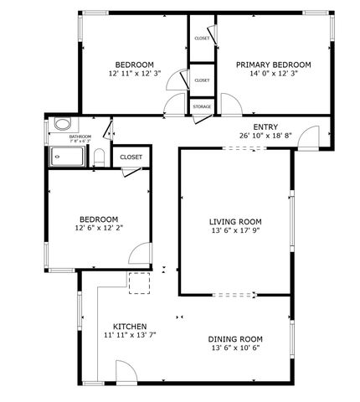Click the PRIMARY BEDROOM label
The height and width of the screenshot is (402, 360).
coord(273,64)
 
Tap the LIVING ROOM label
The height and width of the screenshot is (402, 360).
coord(235,222)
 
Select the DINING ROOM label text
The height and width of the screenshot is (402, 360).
coord(236,338)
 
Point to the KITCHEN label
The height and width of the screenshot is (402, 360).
coord(130,326)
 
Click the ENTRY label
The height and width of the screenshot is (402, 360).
coord(265,126)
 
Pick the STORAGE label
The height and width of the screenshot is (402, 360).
coord(201,107)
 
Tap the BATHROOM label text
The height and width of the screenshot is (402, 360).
coord(80,136)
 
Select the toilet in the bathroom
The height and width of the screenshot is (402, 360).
coord(99,156)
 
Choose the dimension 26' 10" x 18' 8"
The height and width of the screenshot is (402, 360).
coord(265,136)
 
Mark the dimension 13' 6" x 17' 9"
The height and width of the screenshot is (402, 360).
coord(235,232)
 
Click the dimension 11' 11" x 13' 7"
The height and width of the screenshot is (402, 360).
coord(130,335)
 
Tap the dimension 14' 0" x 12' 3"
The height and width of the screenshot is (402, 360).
coord(273,75)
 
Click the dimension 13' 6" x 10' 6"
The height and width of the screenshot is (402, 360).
coord(236,348)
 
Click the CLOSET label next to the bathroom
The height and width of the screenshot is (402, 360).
coord(131,157)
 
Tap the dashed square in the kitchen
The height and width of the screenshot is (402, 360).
coord(137,282)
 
